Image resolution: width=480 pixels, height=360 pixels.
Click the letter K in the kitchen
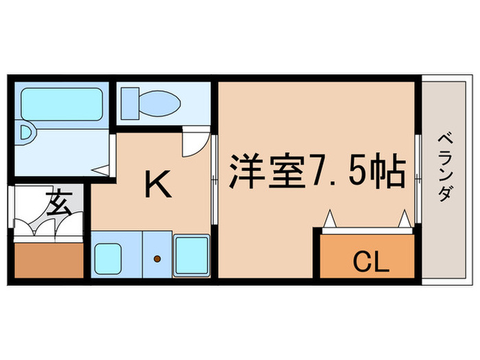159,186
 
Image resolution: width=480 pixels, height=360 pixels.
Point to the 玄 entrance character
57,204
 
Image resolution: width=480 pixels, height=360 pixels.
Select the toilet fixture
149,104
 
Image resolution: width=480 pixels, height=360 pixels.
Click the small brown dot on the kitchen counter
157,259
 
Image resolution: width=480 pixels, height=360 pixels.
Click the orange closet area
368,255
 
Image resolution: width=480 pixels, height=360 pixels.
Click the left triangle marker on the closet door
328,219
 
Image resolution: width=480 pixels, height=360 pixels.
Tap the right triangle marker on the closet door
405,219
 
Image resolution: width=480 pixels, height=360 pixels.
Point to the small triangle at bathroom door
101,169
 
